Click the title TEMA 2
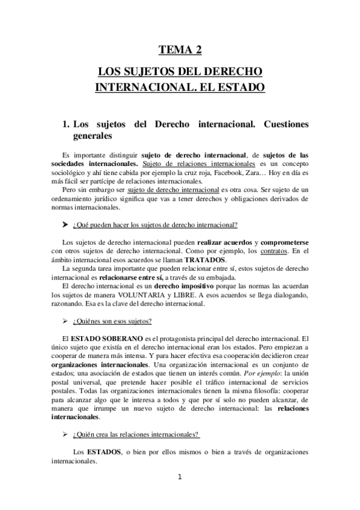(180, 51)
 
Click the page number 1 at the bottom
(180, 478)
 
